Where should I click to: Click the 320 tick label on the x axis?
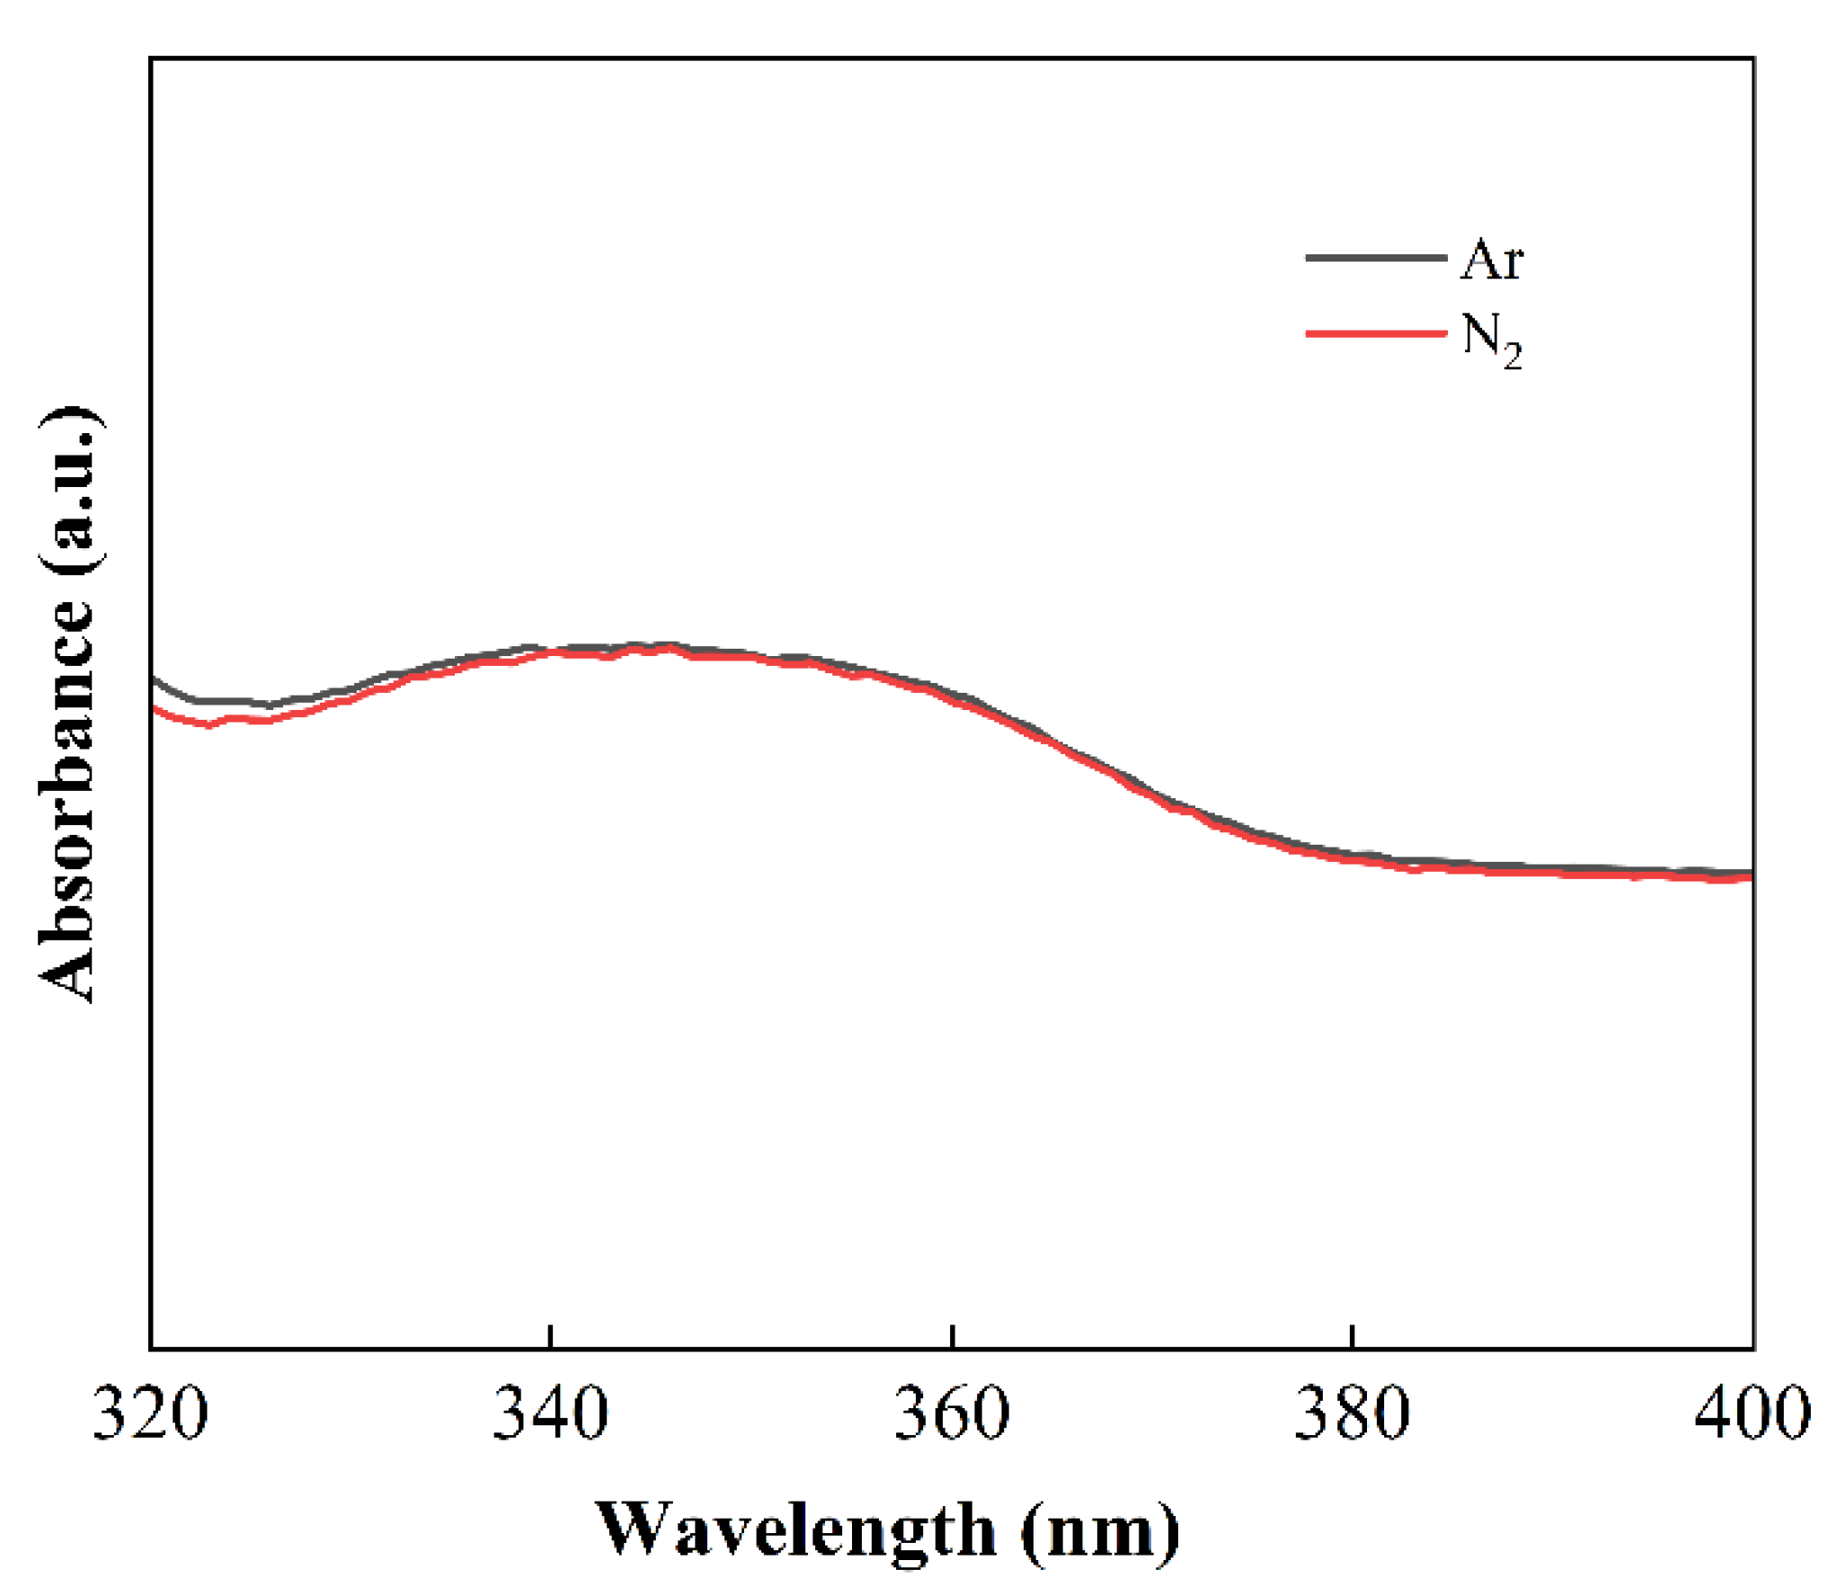[x=150, y=1413]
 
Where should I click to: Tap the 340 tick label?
[x=550, y=1413]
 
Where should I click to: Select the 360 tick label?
[x=951, y=1413]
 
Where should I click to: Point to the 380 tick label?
[x=1351, y=1413]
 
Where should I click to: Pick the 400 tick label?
[x=1752, y=1413]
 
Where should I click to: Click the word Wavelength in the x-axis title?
[x=795, y=1530]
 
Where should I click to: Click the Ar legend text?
[x=1491, y=261]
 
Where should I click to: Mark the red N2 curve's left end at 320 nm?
[x=154, y=709]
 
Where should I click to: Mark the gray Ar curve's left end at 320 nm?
[x=154, y=678]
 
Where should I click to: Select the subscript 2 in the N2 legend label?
[x=1513, y=357]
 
